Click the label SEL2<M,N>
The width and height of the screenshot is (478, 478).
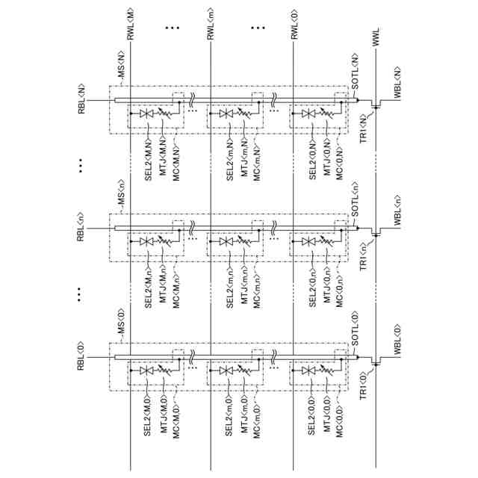pyautogui.click(x=147, y=158)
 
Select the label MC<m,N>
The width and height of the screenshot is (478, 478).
pyautogui.click(x=257, y=158)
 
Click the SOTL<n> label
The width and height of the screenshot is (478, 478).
pyautogui.click(x=356, y=202)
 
